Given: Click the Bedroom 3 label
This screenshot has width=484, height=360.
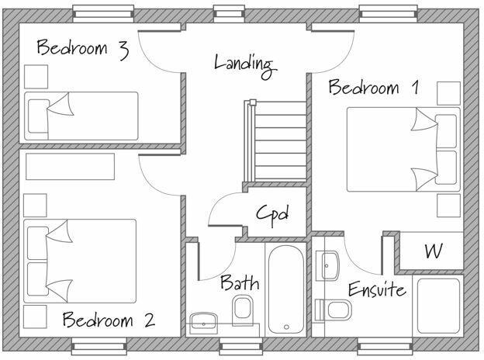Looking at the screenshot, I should pos(81,49).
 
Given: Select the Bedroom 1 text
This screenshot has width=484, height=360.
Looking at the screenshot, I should pos(374,87).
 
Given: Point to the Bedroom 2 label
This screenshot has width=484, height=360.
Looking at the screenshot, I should pos(108,319).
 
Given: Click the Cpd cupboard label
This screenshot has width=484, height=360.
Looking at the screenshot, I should pos(272,213).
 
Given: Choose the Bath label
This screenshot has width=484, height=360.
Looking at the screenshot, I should pos(240,282).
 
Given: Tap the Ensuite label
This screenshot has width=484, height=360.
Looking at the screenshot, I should pos(376,290).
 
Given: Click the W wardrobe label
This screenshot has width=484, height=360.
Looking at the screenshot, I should pos(433,251).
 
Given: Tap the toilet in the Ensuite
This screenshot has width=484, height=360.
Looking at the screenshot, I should pos(334,310).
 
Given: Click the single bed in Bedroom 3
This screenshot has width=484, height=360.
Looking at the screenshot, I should pos(81,116).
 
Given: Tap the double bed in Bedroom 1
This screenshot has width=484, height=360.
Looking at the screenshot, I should pos(402,149).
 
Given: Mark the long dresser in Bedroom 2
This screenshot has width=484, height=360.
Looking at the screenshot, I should pos(70,165).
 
